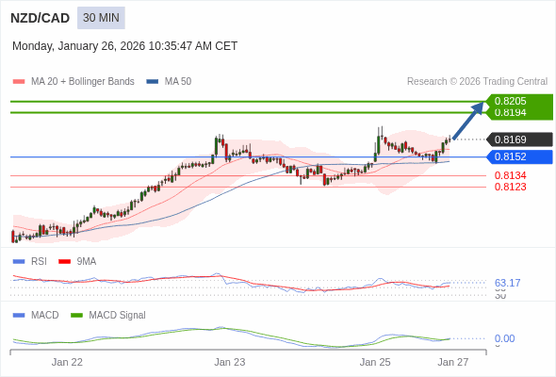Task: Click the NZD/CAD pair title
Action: [x=40, y=18]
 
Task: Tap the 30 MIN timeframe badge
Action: [x=101, y=18]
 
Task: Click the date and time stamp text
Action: [x=124, y=46]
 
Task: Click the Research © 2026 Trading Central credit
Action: [x=477, y=82]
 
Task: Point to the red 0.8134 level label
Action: [x=511, y=175]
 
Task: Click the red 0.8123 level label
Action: [x=511, y=187]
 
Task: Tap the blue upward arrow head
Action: [x=479, y=107]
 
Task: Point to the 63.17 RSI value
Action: [x=508, y=283]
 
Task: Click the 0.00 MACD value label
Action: [x=505, y=338]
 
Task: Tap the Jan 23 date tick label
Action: [x=230, y=362]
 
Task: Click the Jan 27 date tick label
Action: [x=453, y=362]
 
